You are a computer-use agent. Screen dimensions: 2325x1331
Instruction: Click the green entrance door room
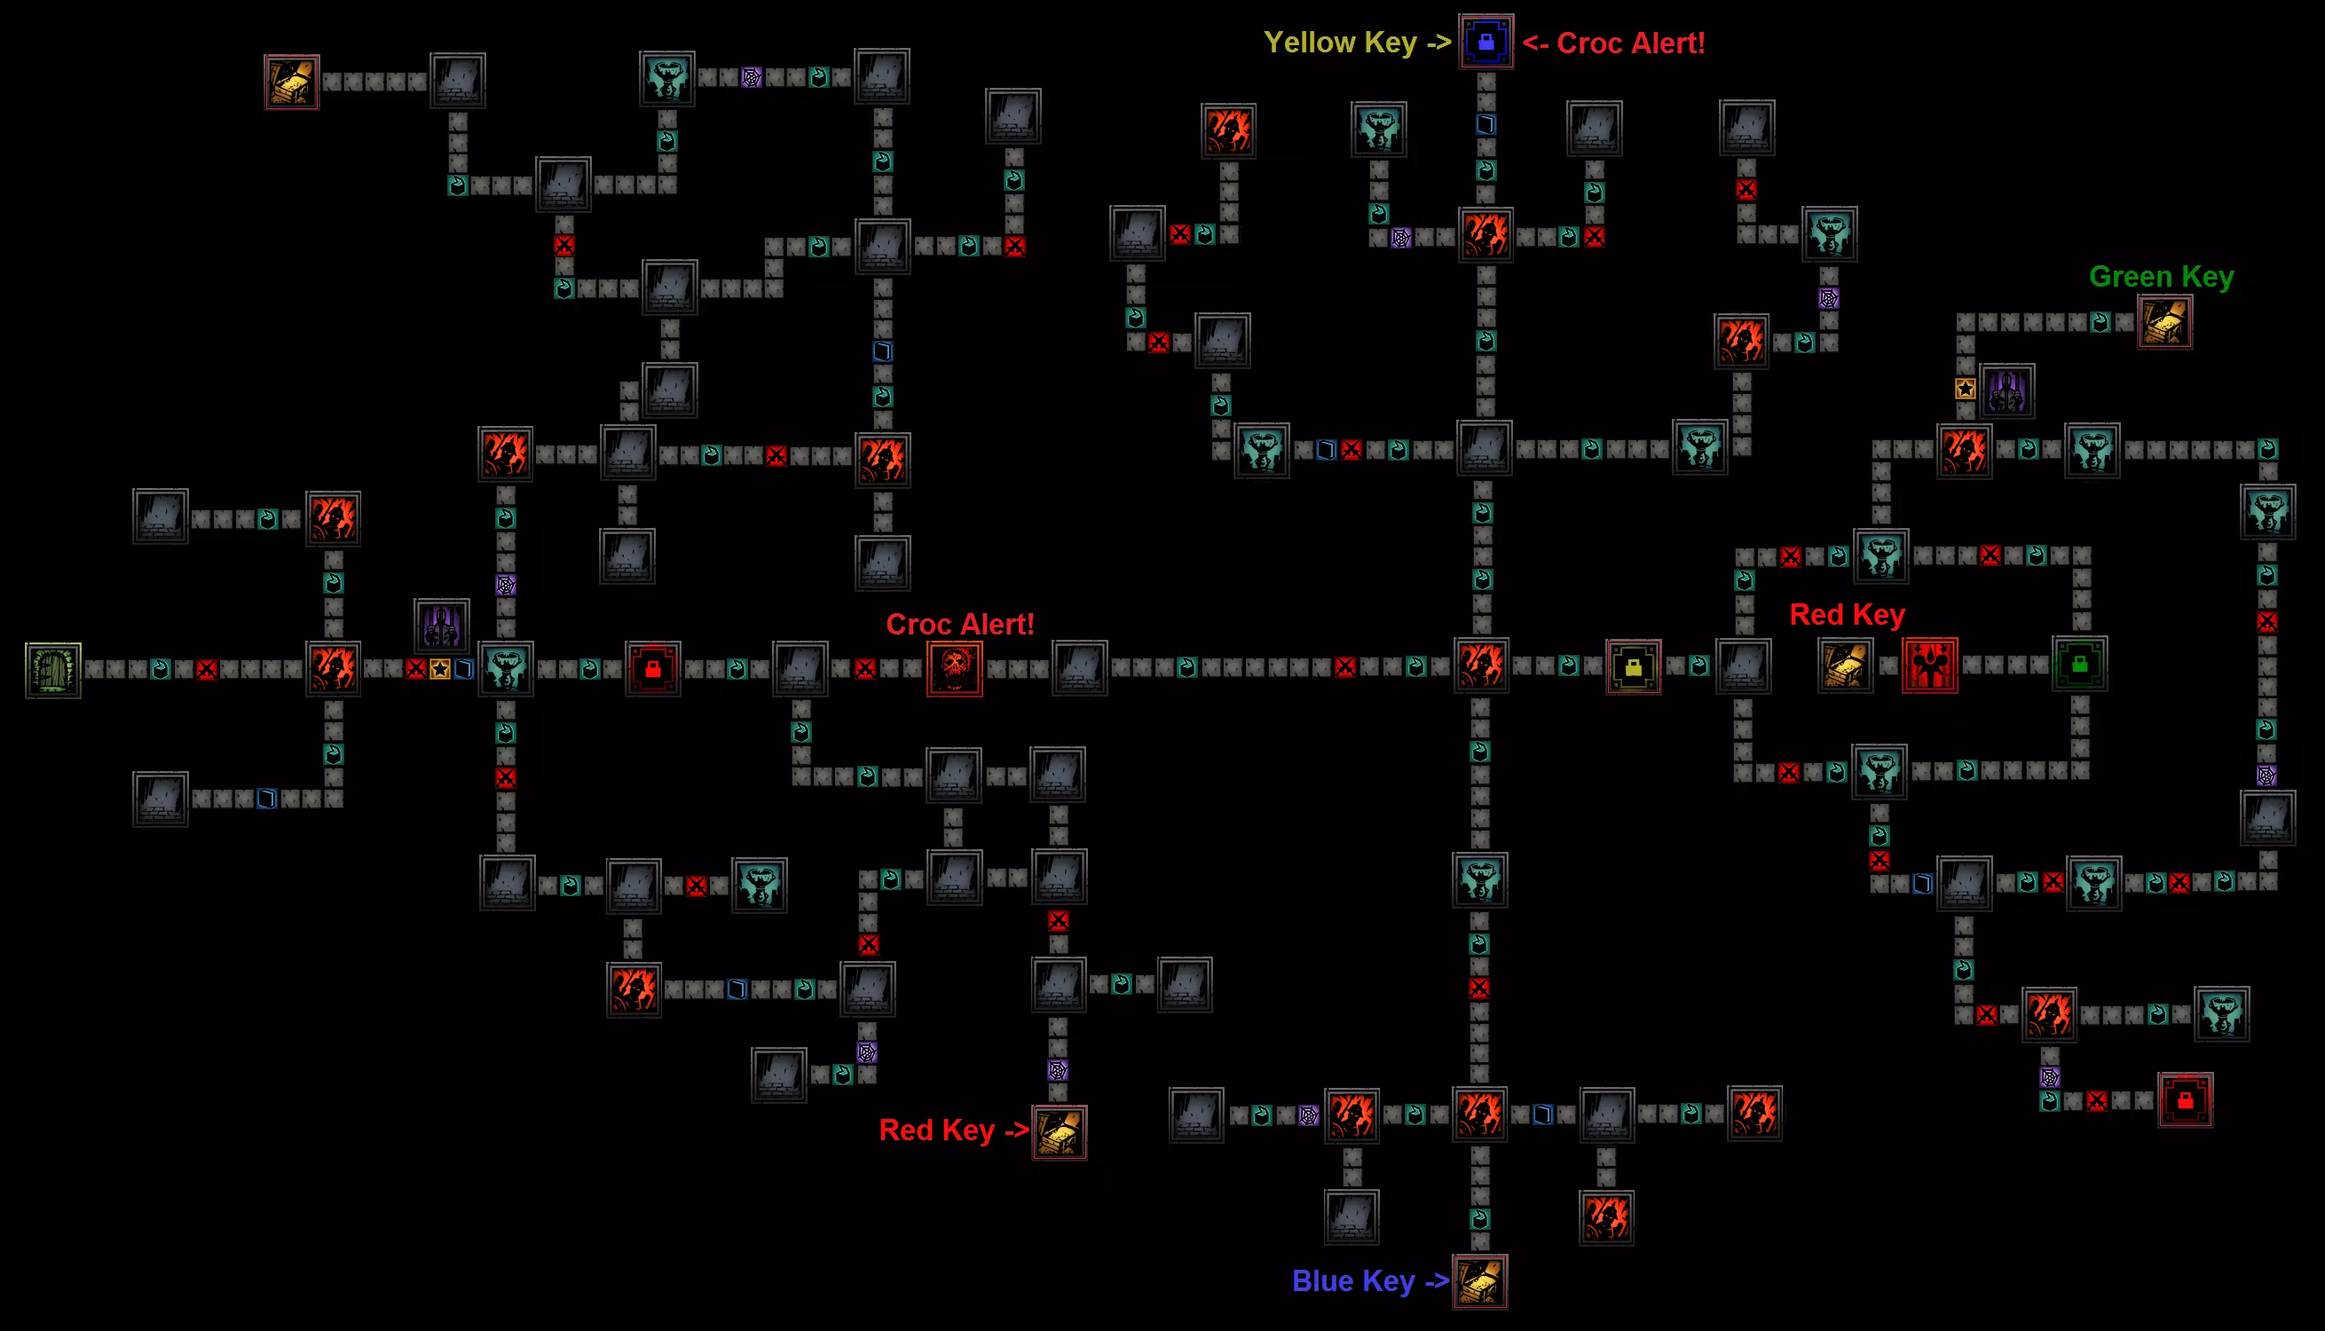click(x=53, y=670)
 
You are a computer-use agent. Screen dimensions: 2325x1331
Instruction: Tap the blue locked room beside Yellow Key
click(x=1486, y=41)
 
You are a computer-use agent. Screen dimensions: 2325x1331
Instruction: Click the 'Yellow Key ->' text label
click(x=1357, y=42)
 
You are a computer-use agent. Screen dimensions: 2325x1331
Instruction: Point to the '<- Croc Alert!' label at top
click(x=1613, y=43)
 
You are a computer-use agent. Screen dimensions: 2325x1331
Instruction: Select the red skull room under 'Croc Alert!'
click(x=954, y=668)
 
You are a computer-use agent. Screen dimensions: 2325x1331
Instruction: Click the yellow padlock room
click(x=1633, y=667)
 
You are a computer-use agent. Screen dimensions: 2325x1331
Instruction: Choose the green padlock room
click(x=2079, y=664)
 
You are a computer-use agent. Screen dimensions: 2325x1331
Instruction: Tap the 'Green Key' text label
click(x=2162, y=276)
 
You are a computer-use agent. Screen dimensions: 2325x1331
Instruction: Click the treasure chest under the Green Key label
click(x=2164, y=322)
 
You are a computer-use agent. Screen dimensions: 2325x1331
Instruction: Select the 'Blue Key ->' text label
click(x=1370, y=1280)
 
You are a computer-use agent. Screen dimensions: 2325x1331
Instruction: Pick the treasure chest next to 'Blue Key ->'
click(x=1479, y=1281)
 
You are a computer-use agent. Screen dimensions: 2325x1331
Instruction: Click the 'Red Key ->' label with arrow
click(x=954, y=1130)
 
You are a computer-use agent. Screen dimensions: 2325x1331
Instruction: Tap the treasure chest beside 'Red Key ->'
click(x=1060, y=1131)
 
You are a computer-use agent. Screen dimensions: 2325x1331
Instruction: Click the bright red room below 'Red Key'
click(x=1929, y=665)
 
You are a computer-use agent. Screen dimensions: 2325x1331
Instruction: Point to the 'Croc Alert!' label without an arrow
click(x=959, y=625)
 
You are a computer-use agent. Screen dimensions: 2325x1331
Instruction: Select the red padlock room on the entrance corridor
click(x=652, y=669)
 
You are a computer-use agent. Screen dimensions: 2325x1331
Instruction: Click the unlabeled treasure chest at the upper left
click(x=292, y=82)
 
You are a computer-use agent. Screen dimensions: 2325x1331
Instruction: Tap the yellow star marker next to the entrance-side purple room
click(x=439, y=669)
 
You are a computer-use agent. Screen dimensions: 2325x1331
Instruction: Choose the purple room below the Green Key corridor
click(x=2007, y=391)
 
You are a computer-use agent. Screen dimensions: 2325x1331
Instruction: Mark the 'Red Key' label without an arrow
click(x=1847, y=614)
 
